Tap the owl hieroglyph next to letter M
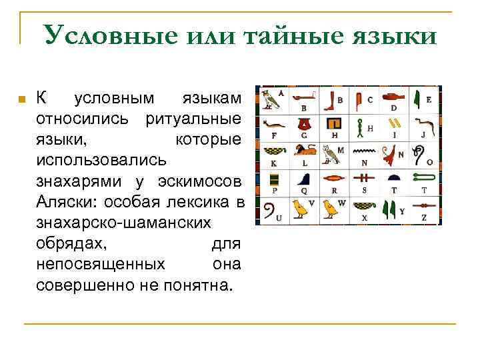328,154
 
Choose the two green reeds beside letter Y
390,211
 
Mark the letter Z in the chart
424,218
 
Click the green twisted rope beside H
361,125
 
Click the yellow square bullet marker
21,99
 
